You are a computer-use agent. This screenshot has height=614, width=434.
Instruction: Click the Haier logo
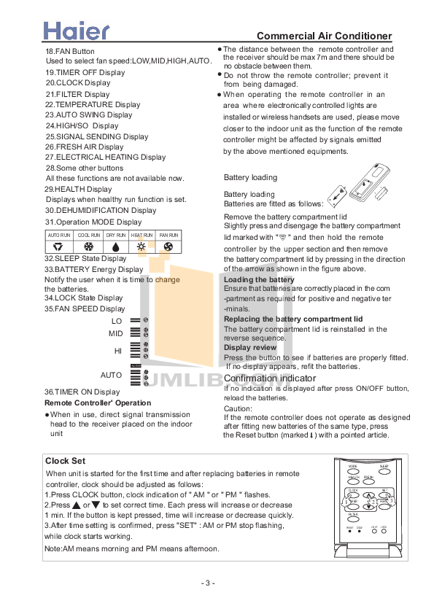click(77, 30)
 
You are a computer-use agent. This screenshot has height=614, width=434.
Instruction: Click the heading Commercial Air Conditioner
click(325, 36)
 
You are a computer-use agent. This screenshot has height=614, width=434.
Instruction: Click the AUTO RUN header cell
click(59, 236)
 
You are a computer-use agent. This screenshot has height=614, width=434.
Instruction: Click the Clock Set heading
click(66, 460)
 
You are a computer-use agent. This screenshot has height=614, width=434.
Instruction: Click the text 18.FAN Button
click(70, 52)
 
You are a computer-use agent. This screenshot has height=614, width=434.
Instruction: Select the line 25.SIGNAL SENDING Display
click(96, 136)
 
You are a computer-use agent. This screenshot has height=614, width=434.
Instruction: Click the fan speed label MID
click(115, 333)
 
